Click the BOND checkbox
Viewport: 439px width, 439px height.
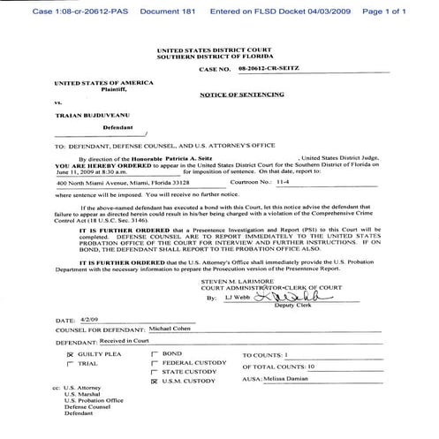tap(155, 352)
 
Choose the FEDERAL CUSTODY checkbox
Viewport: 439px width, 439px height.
tap(155, 363)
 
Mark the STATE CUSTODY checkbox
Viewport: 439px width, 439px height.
tap(155, 374)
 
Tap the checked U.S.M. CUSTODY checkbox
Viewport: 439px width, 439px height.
tap(155, 384)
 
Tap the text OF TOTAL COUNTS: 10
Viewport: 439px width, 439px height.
tap(278, 364)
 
